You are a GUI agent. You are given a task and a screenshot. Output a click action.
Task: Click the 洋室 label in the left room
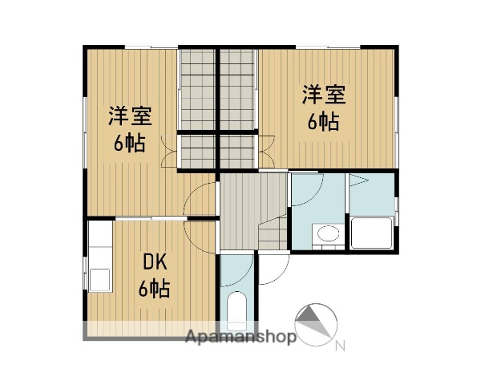pos(130,115)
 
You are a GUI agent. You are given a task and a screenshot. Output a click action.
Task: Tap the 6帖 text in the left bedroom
pos(130,144)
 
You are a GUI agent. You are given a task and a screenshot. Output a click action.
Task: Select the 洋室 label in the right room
pos(324,95)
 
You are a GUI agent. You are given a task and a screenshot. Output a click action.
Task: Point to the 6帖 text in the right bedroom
pos(324,122)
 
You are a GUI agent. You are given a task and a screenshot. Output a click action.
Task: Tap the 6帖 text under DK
pos(154,289)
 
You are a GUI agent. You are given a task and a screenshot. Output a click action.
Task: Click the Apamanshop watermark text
pos(240,337)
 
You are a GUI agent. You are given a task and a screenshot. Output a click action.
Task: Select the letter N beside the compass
pos(340,347)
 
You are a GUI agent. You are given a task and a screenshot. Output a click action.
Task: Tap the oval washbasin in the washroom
pos(328,234)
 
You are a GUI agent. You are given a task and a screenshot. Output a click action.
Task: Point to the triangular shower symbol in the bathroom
pos(358,180)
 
